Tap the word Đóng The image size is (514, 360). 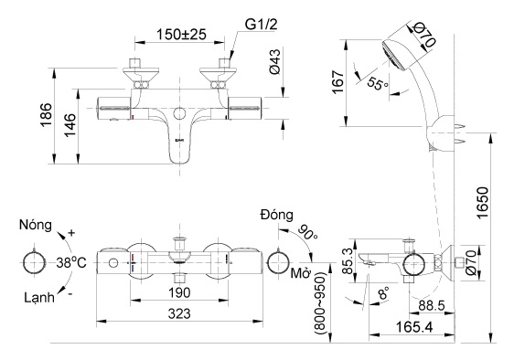point(275,216)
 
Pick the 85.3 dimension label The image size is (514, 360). point(347,259)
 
